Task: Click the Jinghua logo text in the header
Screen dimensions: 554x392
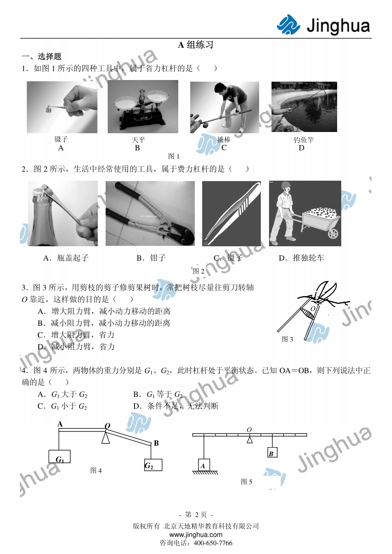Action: [x=338, y=26]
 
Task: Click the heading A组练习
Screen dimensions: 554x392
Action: [x=196, y=45]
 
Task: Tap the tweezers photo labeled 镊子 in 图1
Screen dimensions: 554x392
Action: [x=62, y=107]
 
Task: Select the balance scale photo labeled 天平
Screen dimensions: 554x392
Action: [x=143, y=107]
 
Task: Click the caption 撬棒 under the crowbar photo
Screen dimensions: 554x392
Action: [x=224, y=140]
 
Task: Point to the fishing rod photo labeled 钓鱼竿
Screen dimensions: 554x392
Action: [x=304, y=107]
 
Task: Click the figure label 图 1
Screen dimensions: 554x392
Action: [x=174, y=156]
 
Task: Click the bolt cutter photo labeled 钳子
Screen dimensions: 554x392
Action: [x=150, y=213]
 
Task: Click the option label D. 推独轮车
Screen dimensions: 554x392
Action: [x=301, y=258]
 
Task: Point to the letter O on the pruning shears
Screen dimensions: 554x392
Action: [x=312, y=308]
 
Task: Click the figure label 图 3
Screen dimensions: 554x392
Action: [x=287, y=339]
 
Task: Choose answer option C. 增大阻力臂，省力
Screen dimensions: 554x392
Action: [x=76, y=335]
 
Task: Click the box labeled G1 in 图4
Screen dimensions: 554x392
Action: [x=59, y=457]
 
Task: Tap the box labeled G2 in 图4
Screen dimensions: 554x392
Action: [x=153, y=465]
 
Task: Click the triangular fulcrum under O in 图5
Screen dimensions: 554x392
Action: [x=250, y=440]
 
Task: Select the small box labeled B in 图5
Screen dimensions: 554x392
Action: [x=272, y=453]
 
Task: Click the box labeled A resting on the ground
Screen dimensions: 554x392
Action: [x=203, y=465]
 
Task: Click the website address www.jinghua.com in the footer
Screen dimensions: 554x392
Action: [x=196, y=535]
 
